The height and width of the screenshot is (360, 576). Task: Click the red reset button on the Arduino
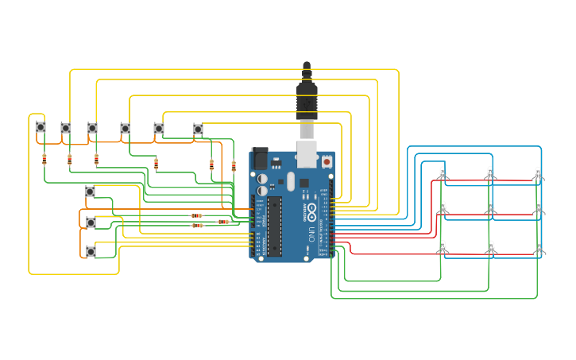[x=327, y=161]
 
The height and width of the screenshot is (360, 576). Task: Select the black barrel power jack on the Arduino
[x=260, y=158]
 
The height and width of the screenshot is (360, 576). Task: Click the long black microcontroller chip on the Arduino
[x=274, y=226]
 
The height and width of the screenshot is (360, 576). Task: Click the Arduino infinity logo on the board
[x=312, y=211]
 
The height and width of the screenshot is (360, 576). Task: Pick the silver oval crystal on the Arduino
[x=291, y=181]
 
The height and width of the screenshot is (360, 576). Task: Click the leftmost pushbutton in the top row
[x=41, y=127]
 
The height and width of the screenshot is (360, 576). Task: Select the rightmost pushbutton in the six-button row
[x=198, y=129]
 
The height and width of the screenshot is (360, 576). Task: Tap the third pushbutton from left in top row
[x=92, y=128]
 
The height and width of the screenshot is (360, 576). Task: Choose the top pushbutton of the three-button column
[x=90, y=192]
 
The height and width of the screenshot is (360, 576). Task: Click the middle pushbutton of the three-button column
[x=91, y=223]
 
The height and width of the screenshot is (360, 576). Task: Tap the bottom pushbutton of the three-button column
[x=91, y=251]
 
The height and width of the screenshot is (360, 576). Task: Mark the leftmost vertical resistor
[x=44, y=159]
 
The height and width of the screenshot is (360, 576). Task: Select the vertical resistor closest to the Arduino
[x=234, y=166]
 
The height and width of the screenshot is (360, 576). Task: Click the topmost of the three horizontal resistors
[x=196, y=215]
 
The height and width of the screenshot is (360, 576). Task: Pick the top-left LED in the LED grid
[x=443, y=173]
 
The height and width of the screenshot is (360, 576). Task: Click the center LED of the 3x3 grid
[x=490, y=208]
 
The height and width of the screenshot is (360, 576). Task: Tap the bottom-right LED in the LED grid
[x=539, y=246]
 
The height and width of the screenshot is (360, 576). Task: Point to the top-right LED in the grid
[x=538, y=173]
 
